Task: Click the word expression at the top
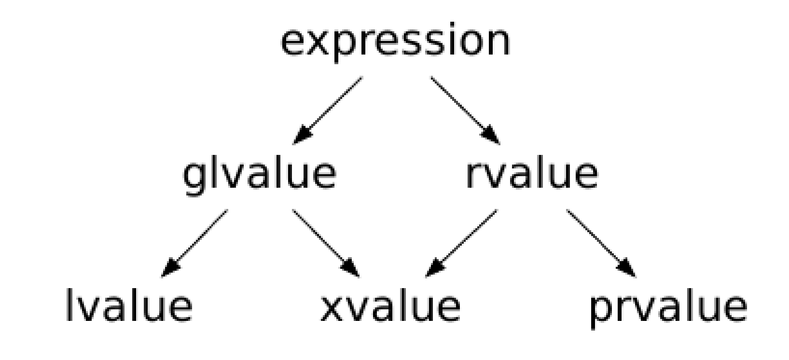click(395, 42)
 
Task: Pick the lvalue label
click(128, 306)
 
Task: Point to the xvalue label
click(390, 306)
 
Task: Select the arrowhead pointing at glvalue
click(301, 136)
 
